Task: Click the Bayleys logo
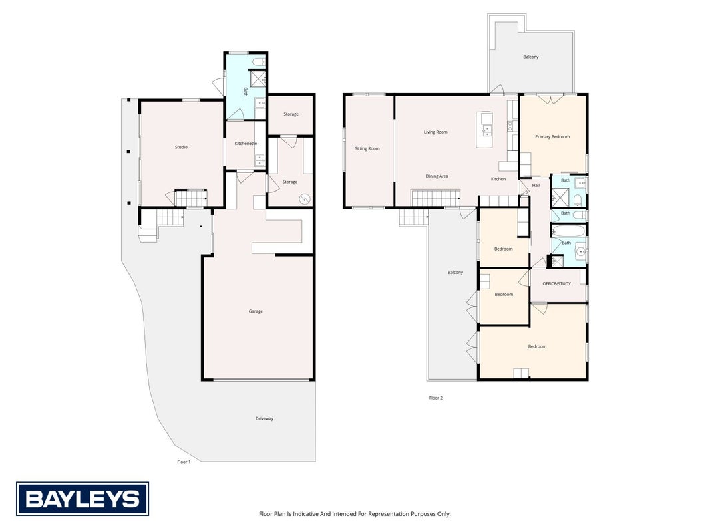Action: (x=83, y=499)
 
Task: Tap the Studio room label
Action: (x=181, y=147)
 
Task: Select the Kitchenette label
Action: (x=246, y=144)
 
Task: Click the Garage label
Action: (x=256, y=311)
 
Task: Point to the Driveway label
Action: (x=264, y=418)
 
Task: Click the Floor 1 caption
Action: (x=184, y=462)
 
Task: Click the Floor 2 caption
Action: (x=436, y=398)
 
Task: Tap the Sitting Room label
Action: (x=367, y=148)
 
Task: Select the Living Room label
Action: (x=436, y=132)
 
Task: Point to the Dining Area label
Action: (x=437, y=176)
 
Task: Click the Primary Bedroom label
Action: (x=552, y=136)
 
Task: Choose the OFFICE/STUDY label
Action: (x=556, y=284)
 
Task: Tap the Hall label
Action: (x=536, y=185)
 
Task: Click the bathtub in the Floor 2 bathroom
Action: (x=569, y=231)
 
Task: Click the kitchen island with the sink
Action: (x=484, y=130)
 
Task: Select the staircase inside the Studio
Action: (x=191, y=198)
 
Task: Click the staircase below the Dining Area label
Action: (x=436, y=198)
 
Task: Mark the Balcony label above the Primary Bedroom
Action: (x=531, y=57)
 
